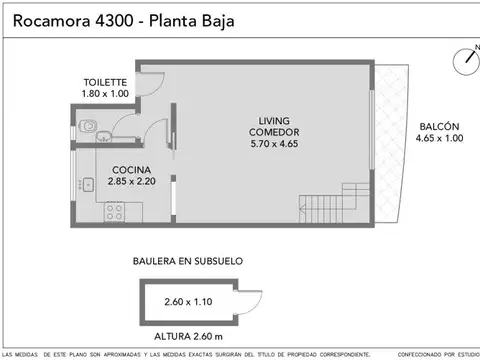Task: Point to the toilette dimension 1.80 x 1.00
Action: [104, 94]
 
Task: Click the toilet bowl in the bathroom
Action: [92, 127]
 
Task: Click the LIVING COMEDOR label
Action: [272, 127]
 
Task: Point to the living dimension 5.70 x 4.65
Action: [272, 144]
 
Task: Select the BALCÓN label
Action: [439, 126]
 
